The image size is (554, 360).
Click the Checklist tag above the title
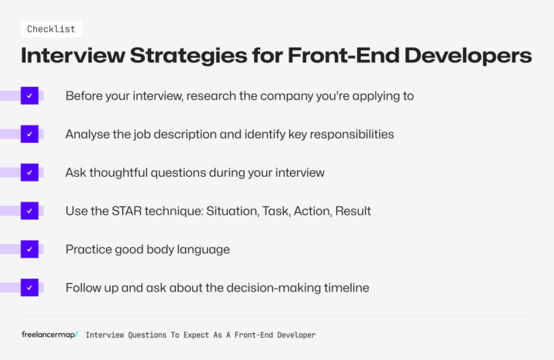(x=51, y=29)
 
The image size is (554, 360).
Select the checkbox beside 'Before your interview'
(x=29, y=96)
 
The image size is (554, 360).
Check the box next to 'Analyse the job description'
(x=29, y=134)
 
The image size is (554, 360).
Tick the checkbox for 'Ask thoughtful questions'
(x=29, y=172)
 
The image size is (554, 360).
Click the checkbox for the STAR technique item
(x=29, y=211)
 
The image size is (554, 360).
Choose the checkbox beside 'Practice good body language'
(x=29, y=249)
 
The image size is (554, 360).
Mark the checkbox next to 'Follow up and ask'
(x=29, y=288)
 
